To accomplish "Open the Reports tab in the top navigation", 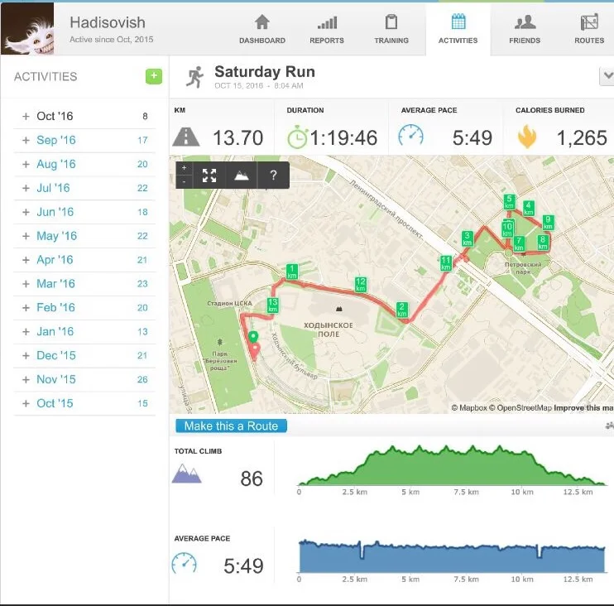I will point(326,29).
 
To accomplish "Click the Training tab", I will point(391,29).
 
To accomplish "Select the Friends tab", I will point(524,29).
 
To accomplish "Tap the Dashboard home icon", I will point(262,22).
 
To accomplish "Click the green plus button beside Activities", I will point(154,76).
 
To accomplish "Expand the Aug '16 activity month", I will point(55,164).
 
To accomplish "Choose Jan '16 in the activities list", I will point(55,331).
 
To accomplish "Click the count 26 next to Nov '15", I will point(142,379).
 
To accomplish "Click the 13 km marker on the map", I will point(272,304).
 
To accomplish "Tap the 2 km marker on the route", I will point(402,310).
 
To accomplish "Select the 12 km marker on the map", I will point(361,284).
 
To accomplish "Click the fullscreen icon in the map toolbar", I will point(209,176).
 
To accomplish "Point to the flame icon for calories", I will point(526,137).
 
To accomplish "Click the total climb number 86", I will point(252,479).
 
